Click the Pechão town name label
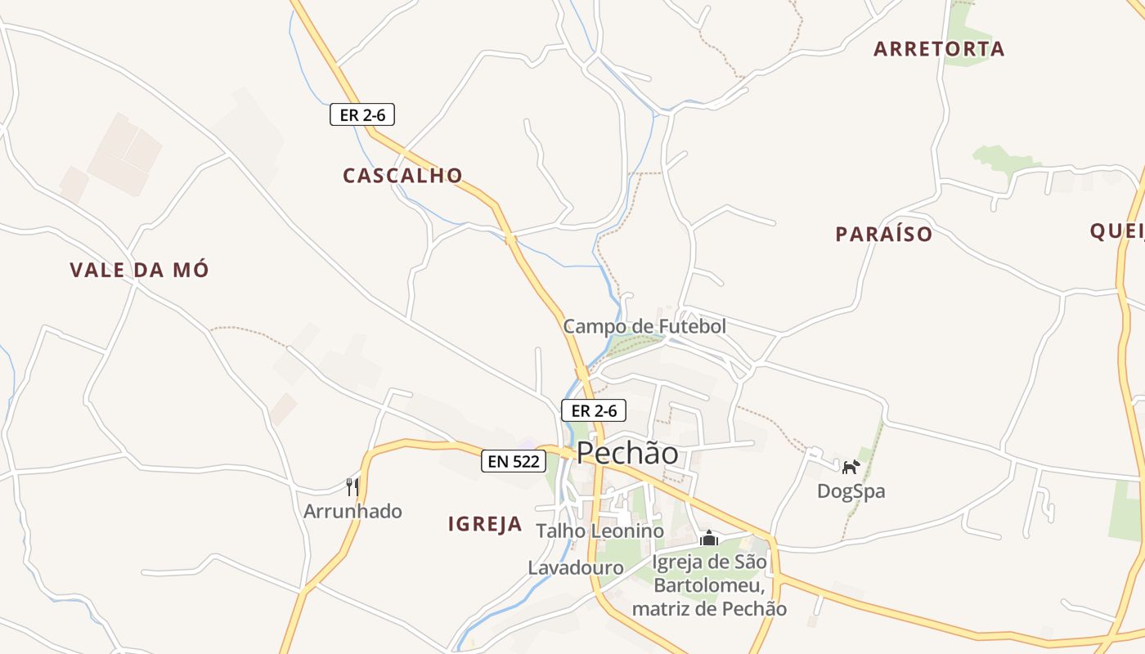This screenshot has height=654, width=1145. tap(627, 453)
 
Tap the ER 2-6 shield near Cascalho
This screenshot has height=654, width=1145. tap(362, 115)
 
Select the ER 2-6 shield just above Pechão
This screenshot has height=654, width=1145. tap(594, 410)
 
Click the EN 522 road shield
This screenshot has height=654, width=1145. tap(513, 461)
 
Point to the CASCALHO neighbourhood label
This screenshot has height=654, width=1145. tap(402, 176)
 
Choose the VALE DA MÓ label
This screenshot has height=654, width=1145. tap(139, 271)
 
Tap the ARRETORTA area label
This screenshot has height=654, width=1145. tap(939, 49)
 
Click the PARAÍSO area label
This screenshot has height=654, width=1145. tap(883, 235)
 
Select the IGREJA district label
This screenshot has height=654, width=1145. tap(485, 525)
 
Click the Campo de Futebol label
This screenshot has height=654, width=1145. tap(644, 327)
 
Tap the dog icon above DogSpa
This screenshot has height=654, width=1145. tap(851, 467)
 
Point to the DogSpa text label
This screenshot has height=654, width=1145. tap(851, 491)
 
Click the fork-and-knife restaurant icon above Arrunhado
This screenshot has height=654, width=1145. tap(352, 487)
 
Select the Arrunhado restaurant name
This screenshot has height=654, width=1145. tap(352, 512)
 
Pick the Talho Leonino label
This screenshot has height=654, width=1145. tap(599, 531)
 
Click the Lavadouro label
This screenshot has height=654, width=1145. tap(576, 567)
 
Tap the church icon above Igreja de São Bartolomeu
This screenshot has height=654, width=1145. tap(709, 539)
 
